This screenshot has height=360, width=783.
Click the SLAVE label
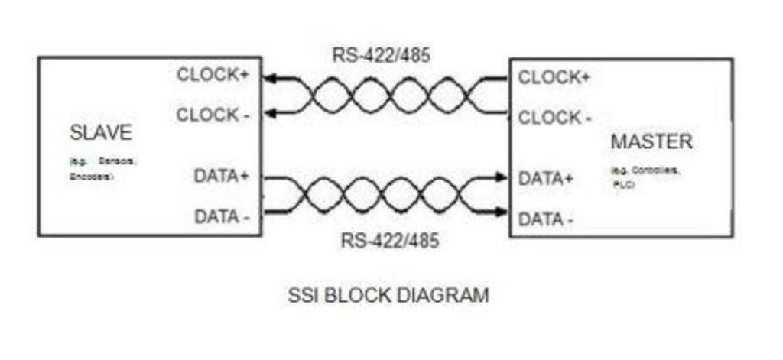pos(100,132)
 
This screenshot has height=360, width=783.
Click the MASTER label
pos(651,141)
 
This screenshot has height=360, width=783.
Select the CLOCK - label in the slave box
pos(213,115)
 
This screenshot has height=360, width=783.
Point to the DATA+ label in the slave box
pos(222,176)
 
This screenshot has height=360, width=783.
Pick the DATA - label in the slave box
pos(222,217)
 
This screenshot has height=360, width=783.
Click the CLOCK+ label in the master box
pos(554,77)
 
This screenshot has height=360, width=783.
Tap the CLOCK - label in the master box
pos(554,118)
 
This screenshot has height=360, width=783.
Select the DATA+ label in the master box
pos(546,179)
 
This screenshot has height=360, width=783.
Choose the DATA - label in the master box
pos(546,220)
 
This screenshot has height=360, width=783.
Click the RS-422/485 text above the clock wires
pos(381,56)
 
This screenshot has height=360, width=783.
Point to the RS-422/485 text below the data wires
pos(390,241)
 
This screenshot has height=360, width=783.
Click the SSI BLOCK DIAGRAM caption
pos(388,295)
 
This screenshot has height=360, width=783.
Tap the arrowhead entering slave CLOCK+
pos(268,77)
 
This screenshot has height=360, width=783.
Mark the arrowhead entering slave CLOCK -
pos(268,113)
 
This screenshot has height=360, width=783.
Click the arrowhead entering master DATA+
pos(502,177)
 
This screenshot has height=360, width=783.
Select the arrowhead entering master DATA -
pos(502,212)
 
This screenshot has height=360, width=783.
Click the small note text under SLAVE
pos(102,168)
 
